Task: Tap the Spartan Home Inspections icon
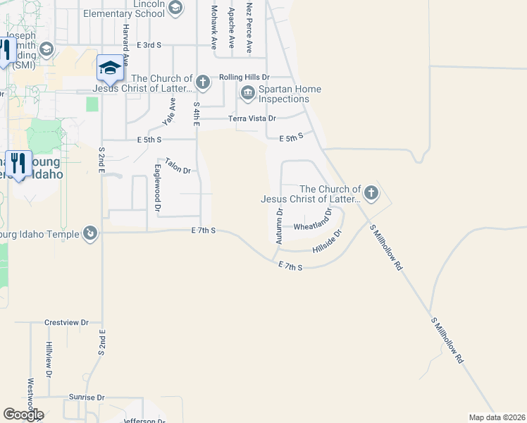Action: click(247, 93)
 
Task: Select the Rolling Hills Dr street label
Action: click(244, 77)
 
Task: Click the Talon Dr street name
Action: click(178, 166)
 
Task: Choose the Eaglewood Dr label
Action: click(158, 189)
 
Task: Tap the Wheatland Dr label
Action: click(312, 227)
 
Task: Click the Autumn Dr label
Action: click(279, 226)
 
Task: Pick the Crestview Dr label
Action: click(66, 322)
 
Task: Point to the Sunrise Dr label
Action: click(86, 398)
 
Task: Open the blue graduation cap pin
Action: click(109, 67)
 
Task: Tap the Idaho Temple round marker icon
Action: click(89, 233)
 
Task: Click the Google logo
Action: click(23, 415)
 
